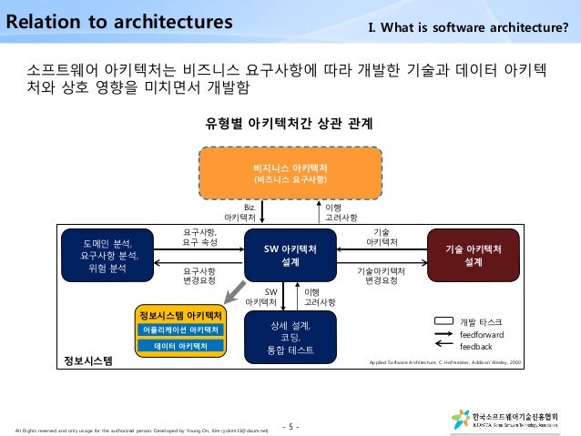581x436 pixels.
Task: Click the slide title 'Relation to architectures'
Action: pyautogui.click(x=117, y=20)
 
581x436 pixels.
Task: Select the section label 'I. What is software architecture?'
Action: pyautogui.click(x=467, y=24)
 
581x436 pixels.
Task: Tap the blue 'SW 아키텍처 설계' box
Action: pyautogui.click(x=290, y=255)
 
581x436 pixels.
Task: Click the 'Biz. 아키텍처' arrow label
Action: pyautogui.click(x=241, y=213)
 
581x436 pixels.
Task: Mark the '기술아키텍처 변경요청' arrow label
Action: pyautogui.click(x=382, y=277)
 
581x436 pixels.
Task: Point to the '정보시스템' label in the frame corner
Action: pyautogui.click(x=87, y=361)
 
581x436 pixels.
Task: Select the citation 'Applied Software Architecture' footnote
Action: pyautogui.click(x=445, y=362)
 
